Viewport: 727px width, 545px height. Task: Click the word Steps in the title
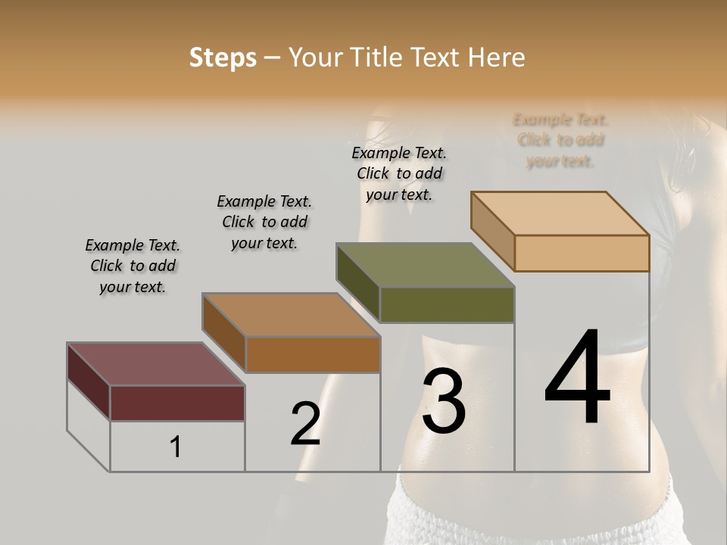click(x=223, y=58)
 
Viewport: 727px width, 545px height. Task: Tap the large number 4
click(x=577, y=378)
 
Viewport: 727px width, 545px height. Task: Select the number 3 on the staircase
click(x=444, y=401)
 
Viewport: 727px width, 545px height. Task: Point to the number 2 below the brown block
click(x=305, y=424)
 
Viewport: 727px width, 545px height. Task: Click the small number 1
click(x=176, y=447)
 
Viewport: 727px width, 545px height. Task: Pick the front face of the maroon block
click(x=177, y=403)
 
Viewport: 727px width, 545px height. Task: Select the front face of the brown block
click(x=313, y=354)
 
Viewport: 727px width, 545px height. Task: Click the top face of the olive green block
click(x=425, y=264)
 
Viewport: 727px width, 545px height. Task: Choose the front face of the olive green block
click(x=447, y=304)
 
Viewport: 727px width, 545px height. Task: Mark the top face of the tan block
click(x=560, y=213)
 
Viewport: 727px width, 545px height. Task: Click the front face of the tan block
click(x=582, y=253)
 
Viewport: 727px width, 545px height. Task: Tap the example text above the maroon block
click(x=133, y=266)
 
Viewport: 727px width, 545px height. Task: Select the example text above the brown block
click(x=264, y=222)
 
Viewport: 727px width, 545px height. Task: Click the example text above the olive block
click(x=399, y=173)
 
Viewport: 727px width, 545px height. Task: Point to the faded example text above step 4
click(x=560, y=140)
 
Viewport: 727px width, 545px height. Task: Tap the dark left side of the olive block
click(x=357, y=282)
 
